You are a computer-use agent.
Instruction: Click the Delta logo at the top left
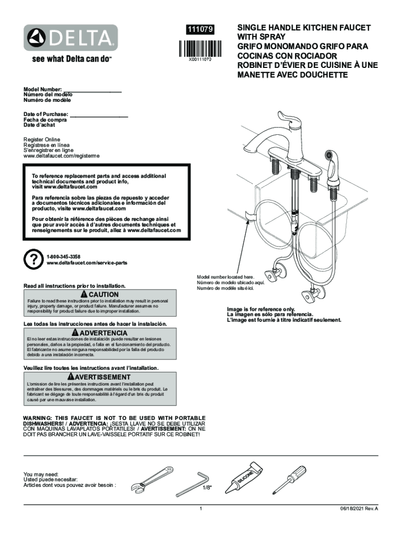click(69, 38)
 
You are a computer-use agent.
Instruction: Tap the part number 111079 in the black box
click(201, 31)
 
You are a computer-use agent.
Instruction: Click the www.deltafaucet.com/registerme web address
click(61, 156)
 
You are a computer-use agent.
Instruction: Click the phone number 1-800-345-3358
click(63, 257)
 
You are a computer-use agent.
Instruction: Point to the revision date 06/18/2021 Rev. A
click(357, 508)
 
